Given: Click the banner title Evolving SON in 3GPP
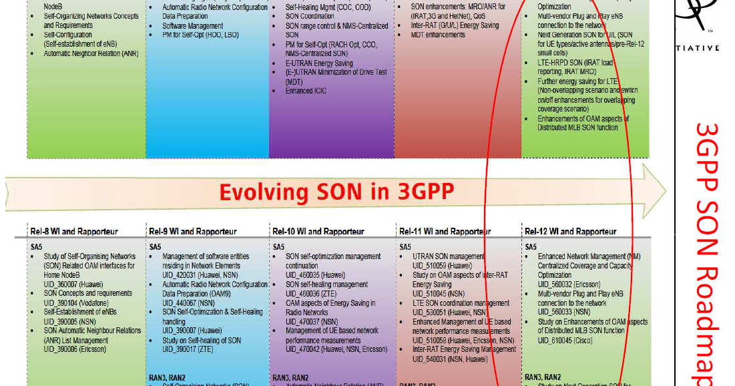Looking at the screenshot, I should [x=336, y=192].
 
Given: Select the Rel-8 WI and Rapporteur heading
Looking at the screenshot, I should [x=74, y=232].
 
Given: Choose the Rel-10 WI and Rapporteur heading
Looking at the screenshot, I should [x=318, y=232].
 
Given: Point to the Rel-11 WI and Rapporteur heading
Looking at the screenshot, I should [x=445, y=232].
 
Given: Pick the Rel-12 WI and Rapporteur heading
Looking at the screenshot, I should [x=571, y=232].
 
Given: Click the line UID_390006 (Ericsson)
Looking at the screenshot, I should [x=75, y=349].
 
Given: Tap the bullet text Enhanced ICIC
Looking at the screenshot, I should [x=308, y=91].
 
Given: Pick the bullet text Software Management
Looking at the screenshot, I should [x=193, y=26].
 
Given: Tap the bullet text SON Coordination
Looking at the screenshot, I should [x=310, y=17].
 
